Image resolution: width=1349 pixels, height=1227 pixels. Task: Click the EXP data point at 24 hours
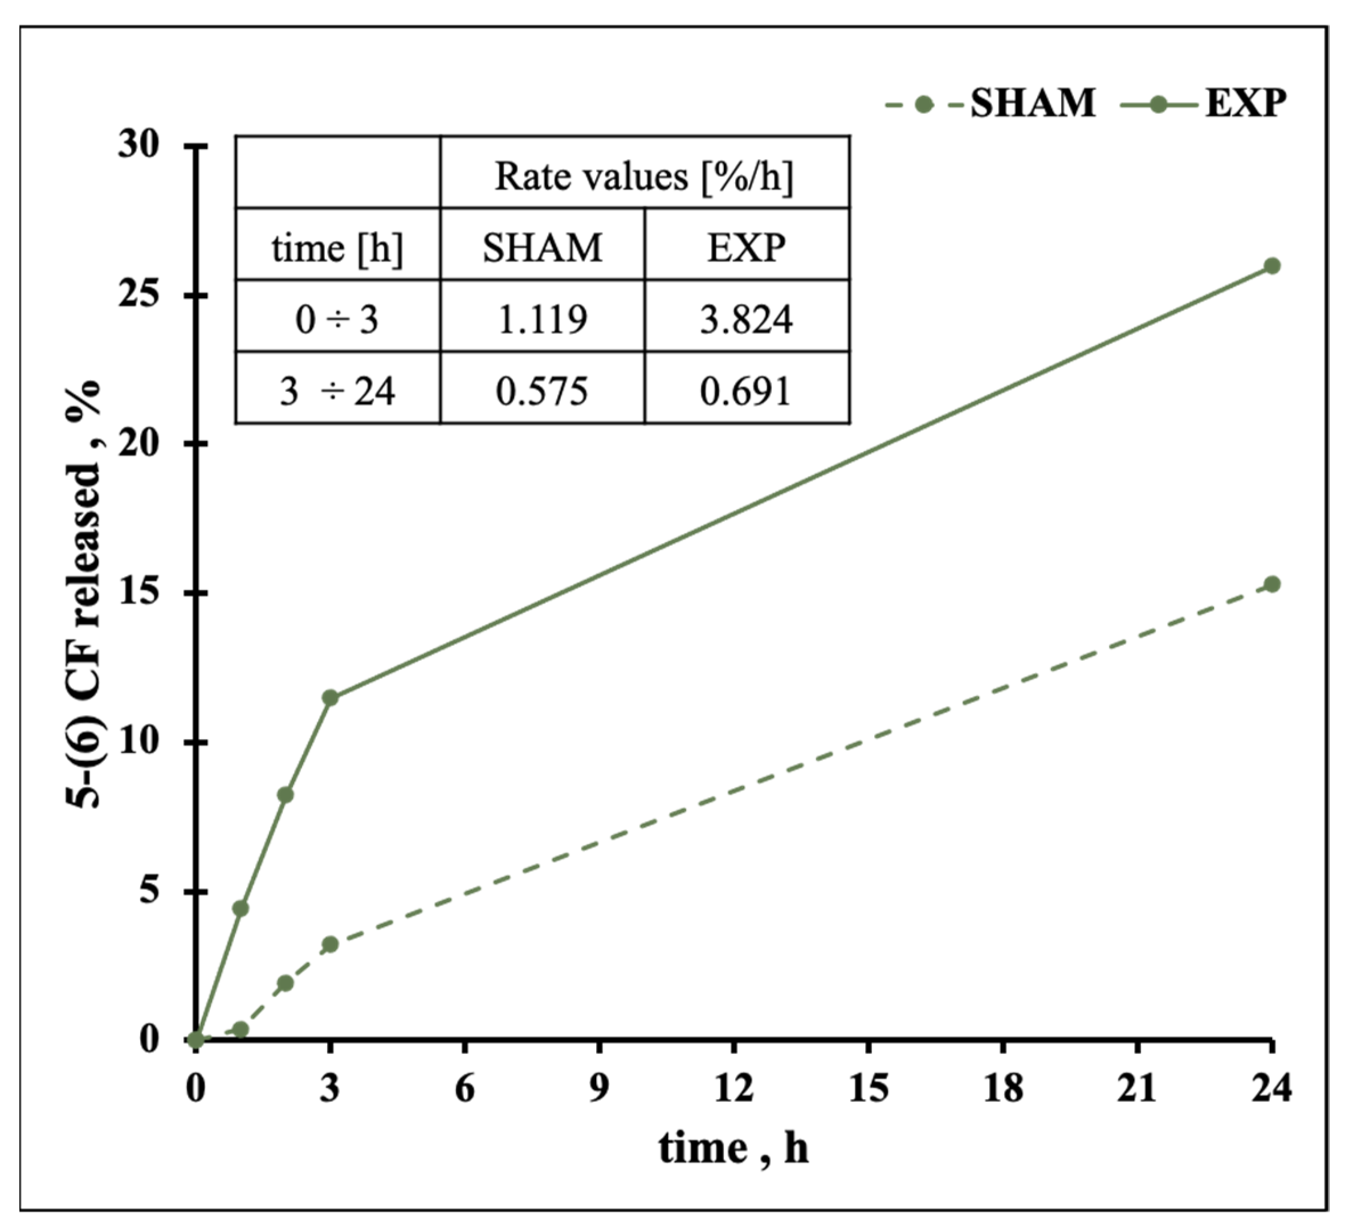[x=1272, y=266]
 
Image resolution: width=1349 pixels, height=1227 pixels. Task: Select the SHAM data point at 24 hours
[x=1272, y=584]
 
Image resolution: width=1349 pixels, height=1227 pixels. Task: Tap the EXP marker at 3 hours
[x=330, y=697]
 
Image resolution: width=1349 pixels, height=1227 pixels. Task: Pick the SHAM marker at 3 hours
[x=330, y=944]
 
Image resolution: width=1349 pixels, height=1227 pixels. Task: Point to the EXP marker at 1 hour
[x=241, y=908]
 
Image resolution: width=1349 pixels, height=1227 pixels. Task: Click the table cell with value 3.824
[x=746, y=319]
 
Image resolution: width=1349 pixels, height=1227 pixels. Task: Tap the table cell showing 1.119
[x=542, y=319]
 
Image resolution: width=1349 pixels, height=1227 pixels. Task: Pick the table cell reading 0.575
[x=542, y=391]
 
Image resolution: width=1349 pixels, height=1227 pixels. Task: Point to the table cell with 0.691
[x=746, y=391]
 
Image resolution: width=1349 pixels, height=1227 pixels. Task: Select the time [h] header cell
[x=337, y=248]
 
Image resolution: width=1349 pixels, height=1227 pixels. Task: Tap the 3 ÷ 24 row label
[x=337, y=391]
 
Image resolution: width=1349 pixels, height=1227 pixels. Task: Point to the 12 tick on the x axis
[x=733, y=1089]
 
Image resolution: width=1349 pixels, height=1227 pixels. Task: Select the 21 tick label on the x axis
[x=1137, y=1089]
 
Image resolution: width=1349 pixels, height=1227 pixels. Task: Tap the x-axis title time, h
[x=733, y=1149]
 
